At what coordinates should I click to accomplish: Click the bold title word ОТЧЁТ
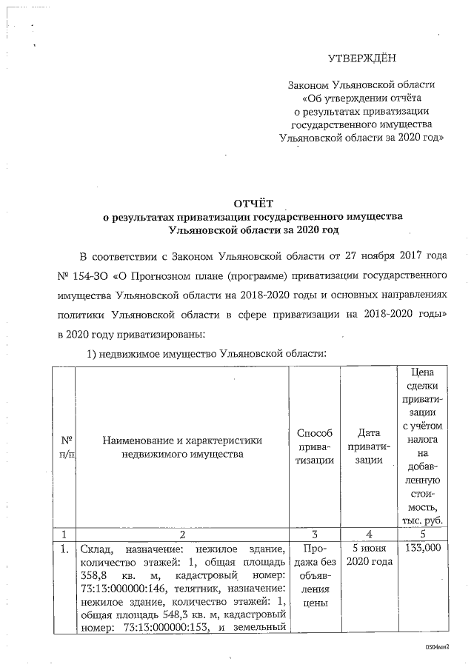[x=254, y=203]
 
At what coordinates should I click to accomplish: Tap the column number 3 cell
[x=314, y=532]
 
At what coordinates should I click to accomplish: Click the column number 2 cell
[x=182, y=532]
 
